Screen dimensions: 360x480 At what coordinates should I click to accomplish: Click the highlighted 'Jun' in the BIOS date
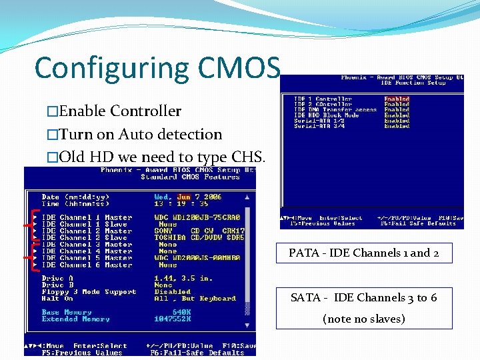pos(184,197)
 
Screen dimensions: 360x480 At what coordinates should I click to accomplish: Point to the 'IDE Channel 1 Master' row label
pos(87,218)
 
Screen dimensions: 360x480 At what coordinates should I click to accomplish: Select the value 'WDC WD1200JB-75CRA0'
pos(197,218)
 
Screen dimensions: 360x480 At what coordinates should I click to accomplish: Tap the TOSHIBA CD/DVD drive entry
pos(199,238)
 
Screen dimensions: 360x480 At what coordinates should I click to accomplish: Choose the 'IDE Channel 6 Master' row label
pos(87,265)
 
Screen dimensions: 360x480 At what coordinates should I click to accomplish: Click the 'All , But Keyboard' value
pos(195,299)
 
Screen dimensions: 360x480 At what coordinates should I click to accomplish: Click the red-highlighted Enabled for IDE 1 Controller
pos(397,99)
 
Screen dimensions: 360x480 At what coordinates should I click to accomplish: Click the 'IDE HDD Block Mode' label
pos(327,115)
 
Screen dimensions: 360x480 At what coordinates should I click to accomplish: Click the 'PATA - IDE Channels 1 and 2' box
pos(364,253)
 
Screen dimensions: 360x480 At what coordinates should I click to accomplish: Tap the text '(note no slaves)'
pos(364,319)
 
